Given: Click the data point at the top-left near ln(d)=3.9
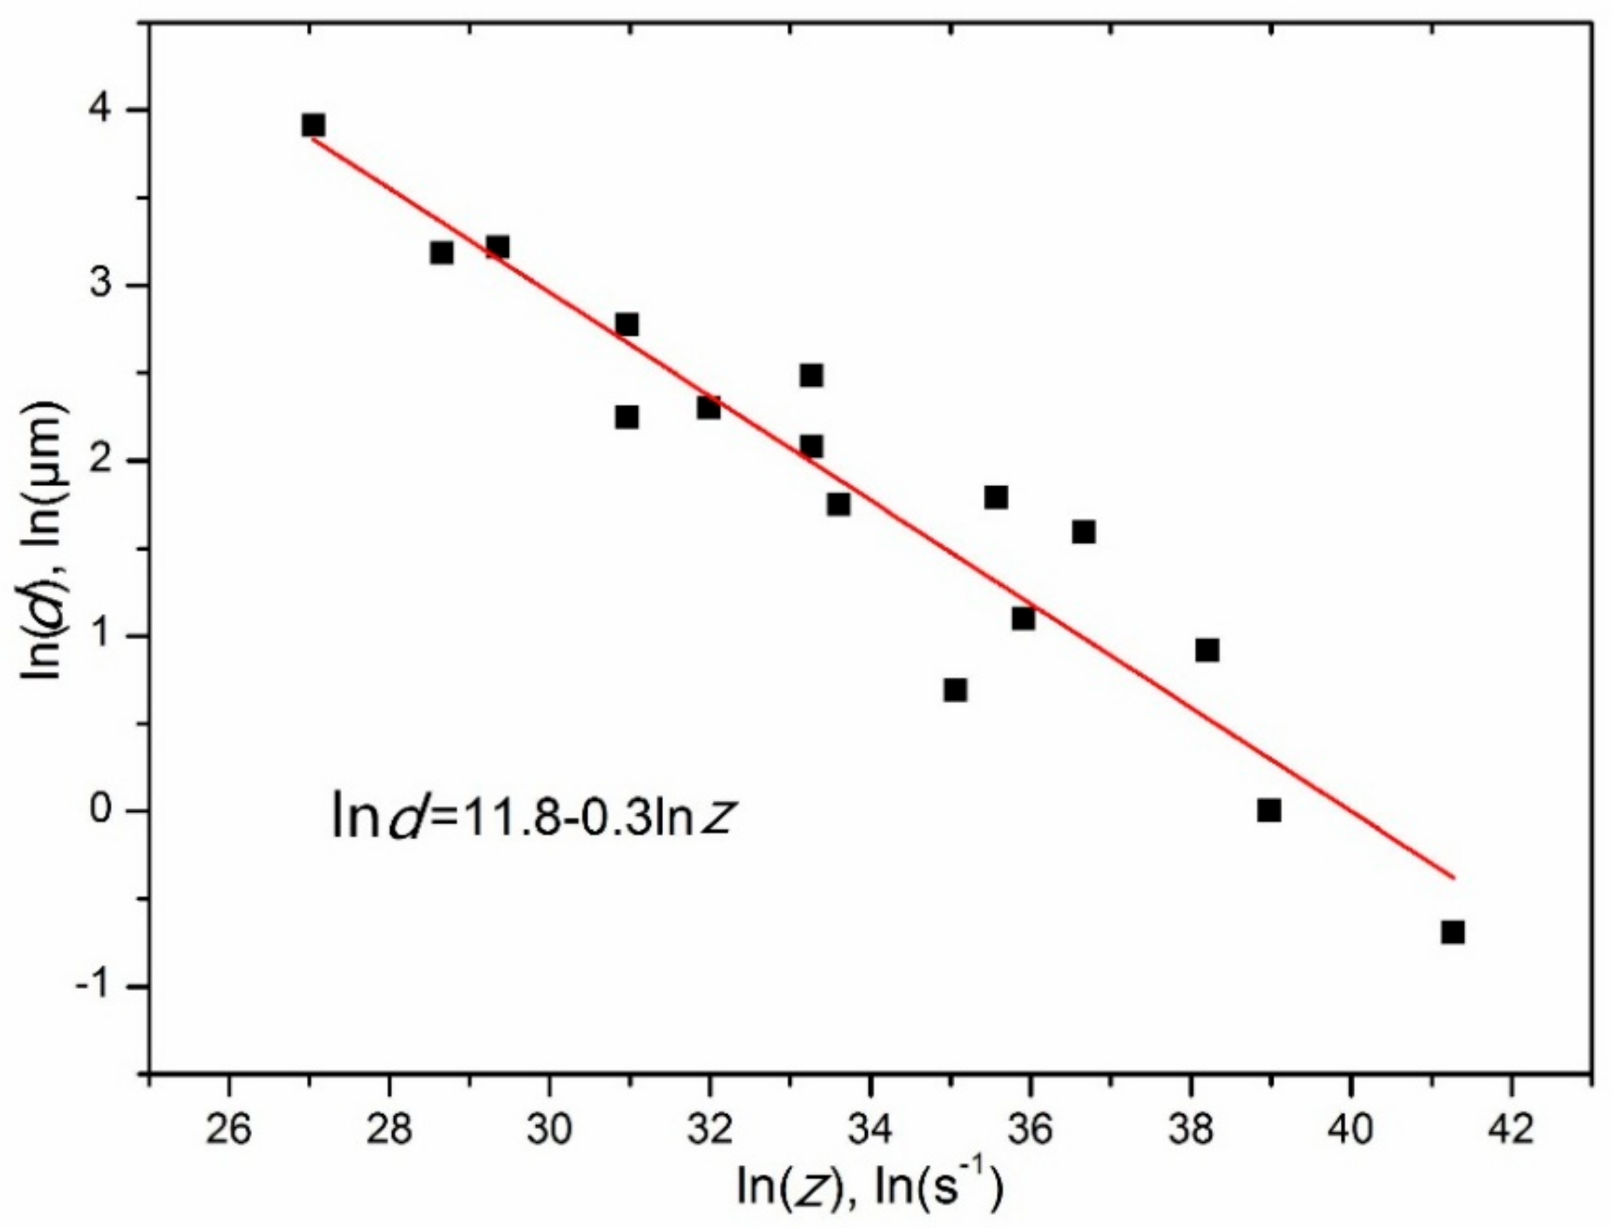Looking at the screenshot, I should tap(313, 125).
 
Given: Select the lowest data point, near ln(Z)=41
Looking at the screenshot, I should tap(1453, 933).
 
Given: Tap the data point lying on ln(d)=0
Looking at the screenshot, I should tap(1269, 810).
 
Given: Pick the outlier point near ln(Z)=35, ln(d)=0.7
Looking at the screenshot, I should tap(955, 690).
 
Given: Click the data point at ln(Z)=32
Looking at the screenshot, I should tap(708, 407).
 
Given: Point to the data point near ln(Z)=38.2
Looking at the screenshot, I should tap(1207, 650).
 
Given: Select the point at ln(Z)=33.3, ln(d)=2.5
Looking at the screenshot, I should tap(811, 376).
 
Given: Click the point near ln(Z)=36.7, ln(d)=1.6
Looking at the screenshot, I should tap(1083, 532).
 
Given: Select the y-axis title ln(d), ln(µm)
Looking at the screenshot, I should tap(45, 541).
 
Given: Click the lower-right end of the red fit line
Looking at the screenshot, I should tap(1454, 877).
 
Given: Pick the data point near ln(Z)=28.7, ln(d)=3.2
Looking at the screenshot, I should tap(441, 253).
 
